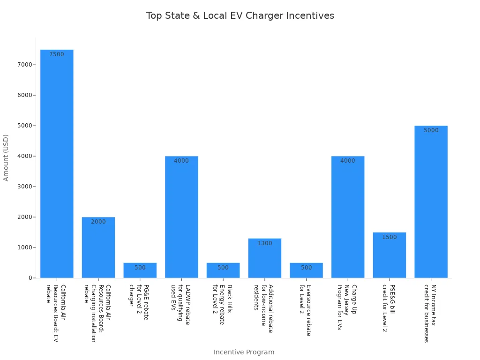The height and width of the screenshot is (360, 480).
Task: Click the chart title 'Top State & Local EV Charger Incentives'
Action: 240,16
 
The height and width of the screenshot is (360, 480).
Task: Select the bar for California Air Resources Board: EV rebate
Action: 57,164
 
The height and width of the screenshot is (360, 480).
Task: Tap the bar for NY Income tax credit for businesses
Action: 431,202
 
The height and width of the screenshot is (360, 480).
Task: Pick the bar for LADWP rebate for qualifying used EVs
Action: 181,217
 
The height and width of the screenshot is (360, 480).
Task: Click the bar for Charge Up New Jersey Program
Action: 348,217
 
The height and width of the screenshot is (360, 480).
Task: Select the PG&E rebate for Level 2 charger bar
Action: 140,270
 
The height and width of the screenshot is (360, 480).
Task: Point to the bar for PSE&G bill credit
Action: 389,255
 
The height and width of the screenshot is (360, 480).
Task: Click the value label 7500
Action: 57,54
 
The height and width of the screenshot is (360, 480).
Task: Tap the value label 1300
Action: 264,243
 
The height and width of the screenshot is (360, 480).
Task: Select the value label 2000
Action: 98,222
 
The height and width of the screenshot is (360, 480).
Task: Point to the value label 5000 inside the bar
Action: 431,130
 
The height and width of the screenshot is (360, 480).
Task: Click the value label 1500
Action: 389,237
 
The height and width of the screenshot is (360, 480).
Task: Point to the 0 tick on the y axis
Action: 30,278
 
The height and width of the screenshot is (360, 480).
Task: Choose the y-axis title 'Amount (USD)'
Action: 6,157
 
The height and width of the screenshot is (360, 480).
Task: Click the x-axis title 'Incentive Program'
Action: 244,352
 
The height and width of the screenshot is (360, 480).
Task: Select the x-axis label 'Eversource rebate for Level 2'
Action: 305,310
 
